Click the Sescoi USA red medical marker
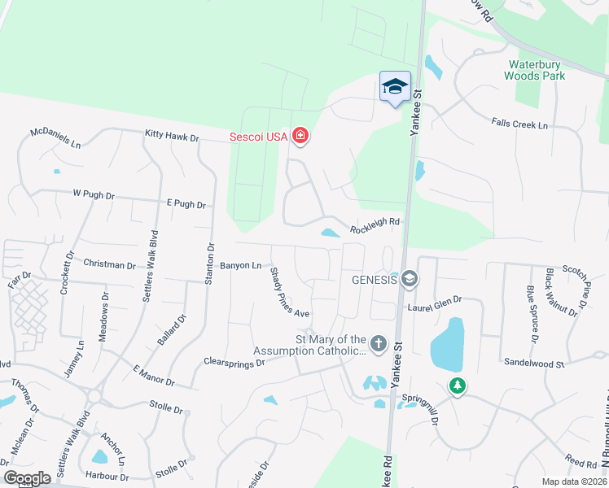(300, 135)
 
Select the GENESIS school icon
(409, 279)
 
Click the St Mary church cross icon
(378, 345)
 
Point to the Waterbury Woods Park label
(535, 70)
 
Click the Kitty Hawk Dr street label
(172, 137)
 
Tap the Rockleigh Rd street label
(375, 225)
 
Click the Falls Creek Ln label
(519, 124)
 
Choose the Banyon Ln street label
(240, 265)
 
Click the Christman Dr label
(109, 265)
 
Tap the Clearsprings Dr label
(234, 361)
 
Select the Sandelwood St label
(534, 362)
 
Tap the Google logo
(27, 478)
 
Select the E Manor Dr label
(153, 375)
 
